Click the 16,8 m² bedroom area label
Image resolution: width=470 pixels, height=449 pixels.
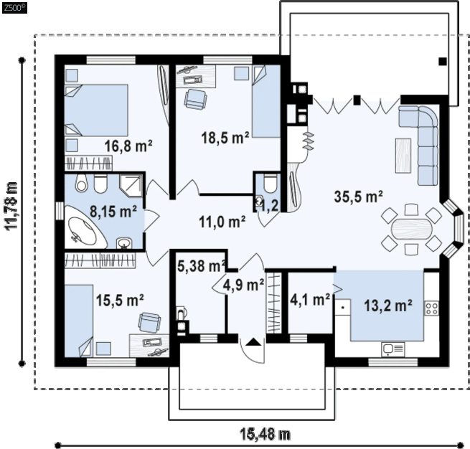(x=128, y=146)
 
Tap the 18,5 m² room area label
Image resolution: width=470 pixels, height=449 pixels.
(x=225, y=138)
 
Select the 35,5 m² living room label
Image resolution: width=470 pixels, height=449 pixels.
(x=359, y=197)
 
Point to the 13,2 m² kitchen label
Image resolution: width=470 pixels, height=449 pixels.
(x=388, y=306)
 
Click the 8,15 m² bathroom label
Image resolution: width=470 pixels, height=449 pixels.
(x=113, y=211)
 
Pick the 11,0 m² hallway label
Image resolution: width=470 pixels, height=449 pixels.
(x=222, y=222)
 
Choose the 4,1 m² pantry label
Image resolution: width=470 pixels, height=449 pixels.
(x=310, y=299)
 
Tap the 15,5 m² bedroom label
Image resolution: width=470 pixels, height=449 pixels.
(x=120, y=300)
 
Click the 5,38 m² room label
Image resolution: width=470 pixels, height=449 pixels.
(x=202, y=265)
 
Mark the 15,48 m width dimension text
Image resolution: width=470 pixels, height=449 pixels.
(x=265, y=434)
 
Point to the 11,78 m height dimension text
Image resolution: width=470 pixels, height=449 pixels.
(x=11, y=206)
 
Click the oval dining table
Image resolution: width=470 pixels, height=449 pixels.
(x=412, y=229)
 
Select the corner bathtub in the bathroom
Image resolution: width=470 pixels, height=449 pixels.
(x=86, y=227)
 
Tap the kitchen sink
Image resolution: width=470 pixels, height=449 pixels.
(x=393, y=349)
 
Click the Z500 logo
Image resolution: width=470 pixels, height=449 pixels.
(x=14, y=8)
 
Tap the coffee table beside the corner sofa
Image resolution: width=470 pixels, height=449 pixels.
(x=403, y=155)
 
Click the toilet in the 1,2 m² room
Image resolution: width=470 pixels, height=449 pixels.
(x=271, y=184)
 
